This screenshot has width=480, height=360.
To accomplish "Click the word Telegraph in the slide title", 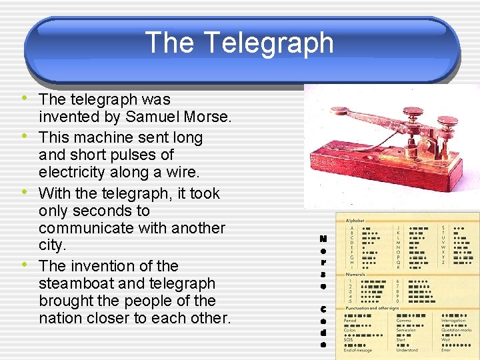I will pyautogui.click(x=268, y=43).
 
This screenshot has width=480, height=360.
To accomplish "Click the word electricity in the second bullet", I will pyautogui.click(x=73, y=173).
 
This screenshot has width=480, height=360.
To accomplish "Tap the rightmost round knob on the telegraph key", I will pyautogui.click(x=447, y=122).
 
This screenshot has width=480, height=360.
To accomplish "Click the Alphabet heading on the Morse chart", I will pyautogui.click(x=355, y=219).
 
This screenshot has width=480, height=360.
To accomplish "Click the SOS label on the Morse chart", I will pyautogui.click(x=349, y=339).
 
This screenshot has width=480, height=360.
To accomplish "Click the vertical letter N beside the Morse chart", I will pyautogui.click(x=323, y=238).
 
